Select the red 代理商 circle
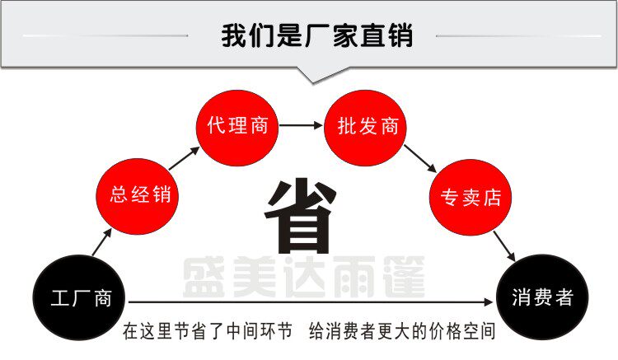(x=238, y=127)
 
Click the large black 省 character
(x=301, y=217)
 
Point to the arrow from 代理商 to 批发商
(x=302, y=127)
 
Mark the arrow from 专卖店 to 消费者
(x=504, y=246)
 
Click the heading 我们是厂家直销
(x=316, y=36)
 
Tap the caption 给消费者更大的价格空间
(x=402, y=333)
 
